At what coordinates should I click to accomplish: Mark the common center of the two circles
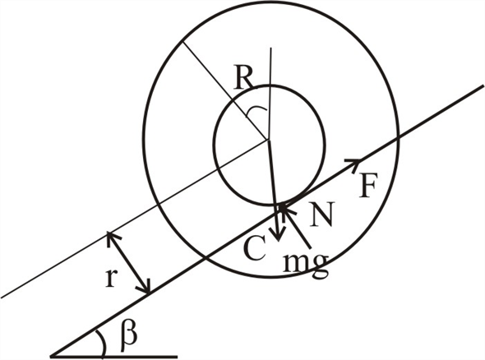point(268,141)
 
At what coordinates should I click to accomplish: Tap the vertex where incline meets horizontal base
point(51,357)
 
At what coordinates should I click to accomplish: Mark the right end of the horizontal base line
point(178,357)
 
